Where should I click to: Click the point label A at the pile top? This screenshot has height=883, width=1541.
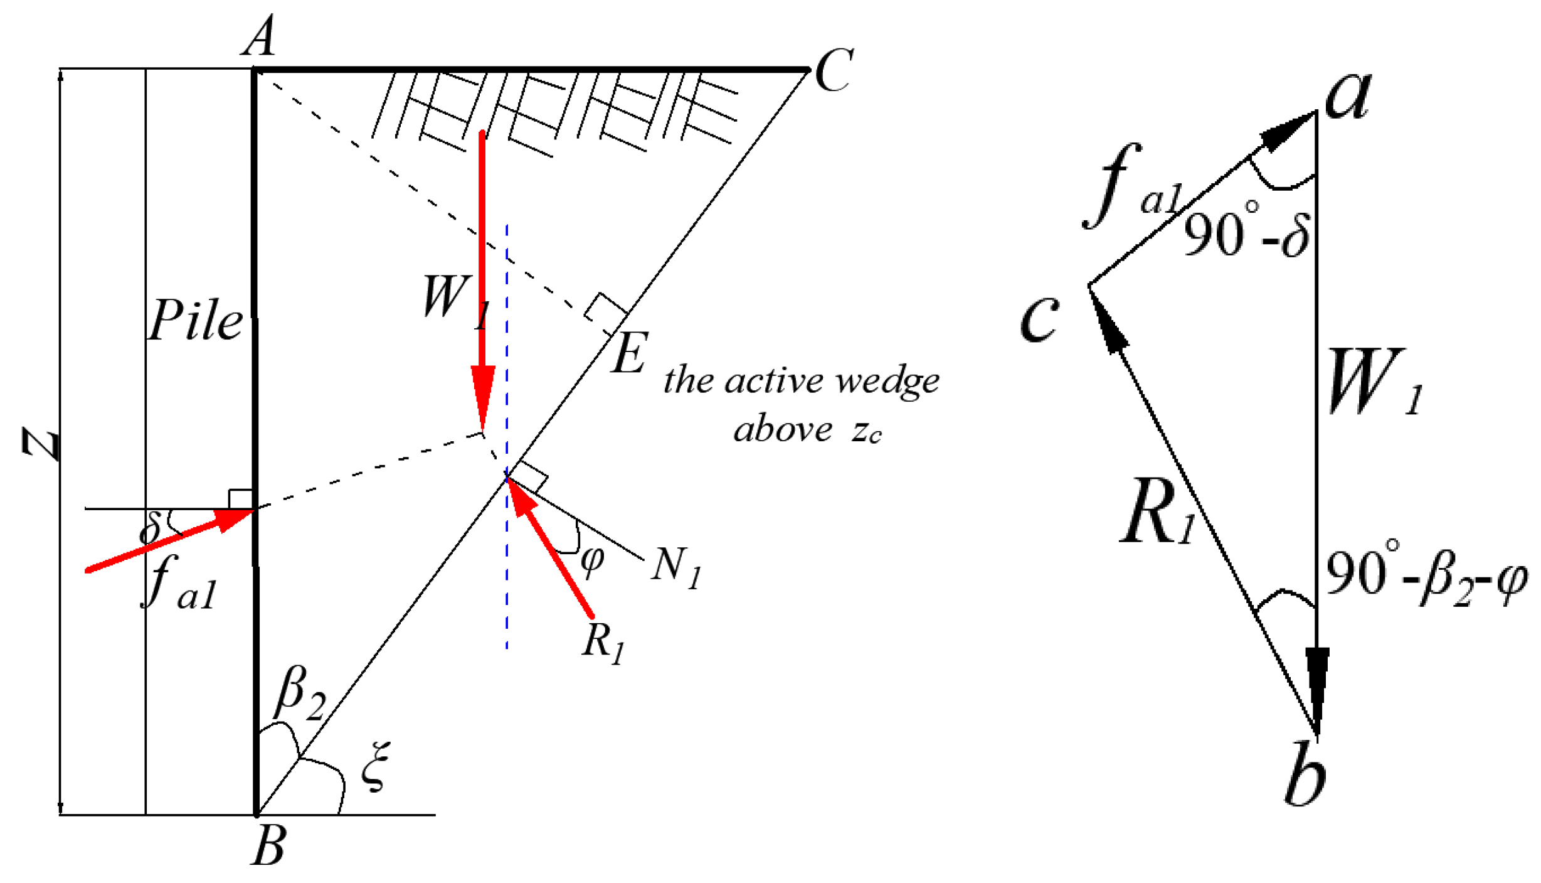[x=260, y=36]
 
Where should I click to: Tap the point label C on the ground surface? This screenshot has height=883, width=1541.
[x=834, y=70]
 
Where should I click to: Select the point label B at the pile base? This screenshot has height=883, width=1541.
[x=269, y=845]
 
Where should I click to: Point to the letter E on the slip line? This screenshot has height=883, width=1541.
[x=629, y=353]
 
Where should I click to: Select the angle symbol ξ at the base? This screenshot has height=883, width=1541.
[x=375, y=766]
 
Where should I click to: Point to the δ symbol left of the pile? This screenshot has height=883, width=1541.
[x=150, y=527]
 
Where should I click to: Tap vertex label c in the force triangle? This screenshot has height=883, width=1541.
[x=1039, y=318]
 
